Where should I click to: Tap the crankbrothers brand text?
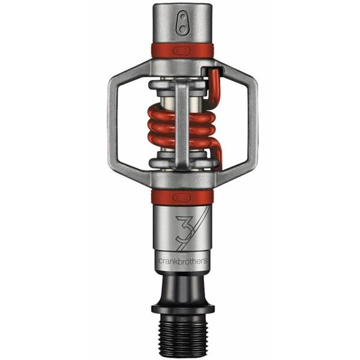click(182, 260)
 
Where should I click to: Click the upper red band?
click(182, 50)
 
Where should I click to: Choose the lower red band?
click(182, 197)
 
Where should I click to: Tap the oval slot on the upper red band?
click(182, 50)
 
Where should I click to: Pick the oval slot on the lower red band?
click(182, 197)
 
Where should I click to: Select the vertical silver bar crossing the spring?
click(182, 126)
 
